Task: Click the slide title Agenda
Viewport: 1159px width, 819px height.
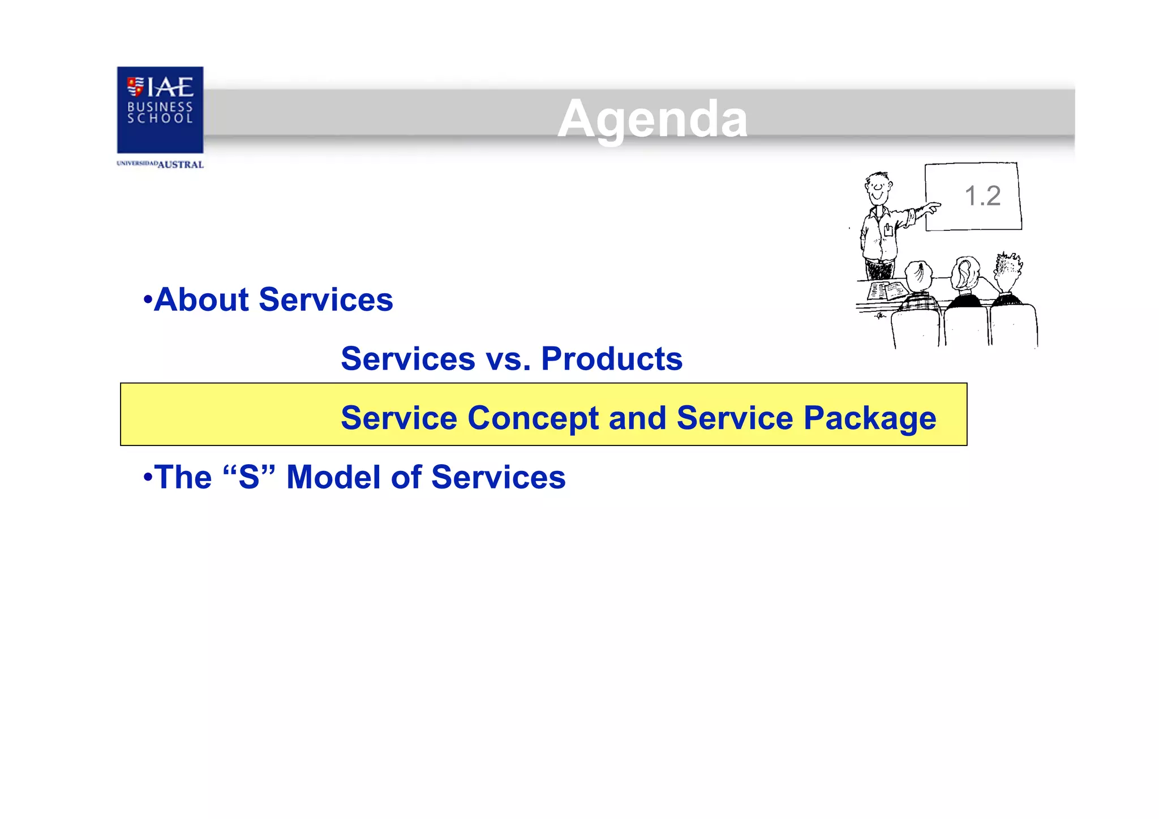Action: click(x=652, y=119)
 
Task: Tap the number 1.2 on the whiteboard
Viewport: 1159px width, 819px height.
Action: click(x=982, y=196)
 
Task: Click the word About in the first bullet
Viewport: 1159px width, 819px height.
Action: click(x=201, y=299)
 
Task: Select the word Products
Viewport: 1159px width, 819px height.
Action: click(x=612, y=359)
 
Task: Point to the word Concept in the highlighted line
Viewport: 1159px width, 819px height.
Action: click(x=533, y=418)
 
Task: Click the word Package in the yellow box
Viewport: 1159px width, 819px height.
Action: click(x=870, y=419)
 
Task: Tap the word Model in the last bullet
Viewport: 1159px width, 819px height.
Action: click(x=334, y=477)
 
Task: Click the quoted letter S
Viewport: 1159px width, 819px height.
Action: click(x=249, y=477)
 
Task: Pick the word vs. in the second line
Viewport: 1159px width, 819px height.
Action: click(x=508, y=359)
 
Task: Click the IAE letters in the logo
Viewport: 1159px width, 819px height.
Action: click(x=170, y=88)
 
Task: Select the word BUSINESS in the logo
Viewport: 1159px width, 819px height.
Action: click(x=160, y=106)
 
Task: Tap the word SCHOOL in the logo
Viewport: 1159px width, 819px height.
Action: click(x=160, y=118)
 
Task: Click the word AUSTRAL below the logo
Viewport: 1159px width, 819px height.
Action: click(x=181, y=165)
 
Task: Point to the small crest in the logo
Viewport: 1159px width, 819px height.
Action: click(x=135, y=87)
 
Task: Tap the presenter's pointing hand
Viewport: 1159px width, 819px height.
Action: click(x=932, y=207)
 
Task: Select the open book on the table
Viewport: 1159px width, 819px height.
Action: click(x=886, y=290)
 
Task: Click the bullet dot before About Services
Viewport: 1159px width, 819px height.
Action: click(x=148, y=299)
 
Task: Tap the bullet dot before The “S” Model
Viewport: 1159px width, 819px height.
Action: click(x=148, y=477)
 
